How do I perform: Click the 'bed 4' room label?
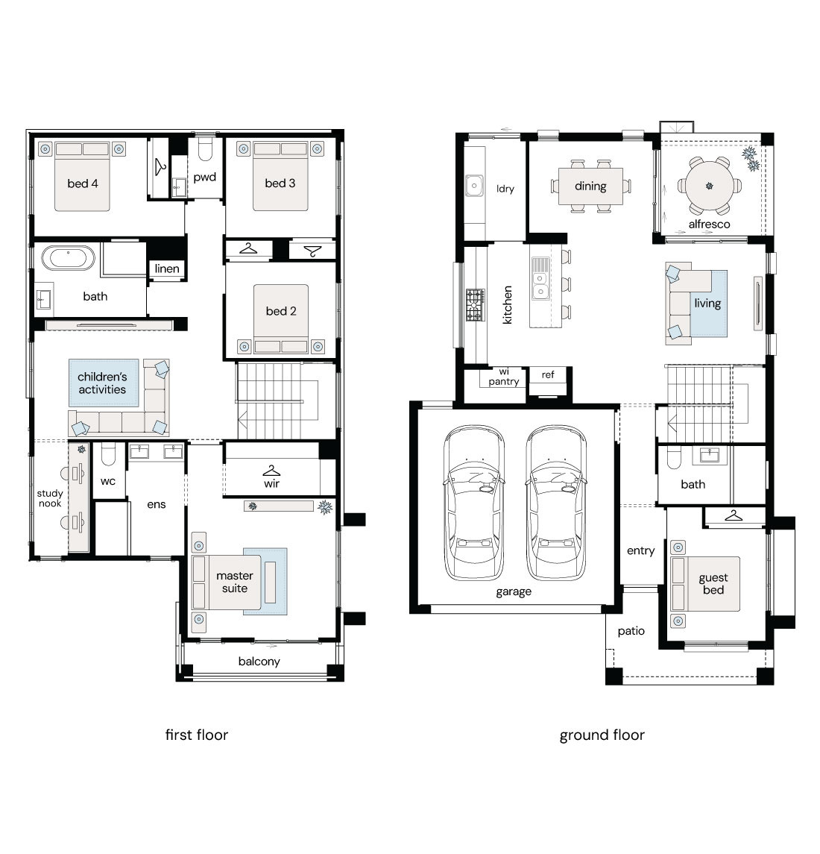83,183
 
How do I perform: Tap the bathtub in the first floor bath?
69,257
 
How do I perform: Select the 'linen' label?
167,269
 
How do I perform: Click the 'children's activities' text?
102,383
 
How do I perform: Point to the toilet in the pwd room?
205,149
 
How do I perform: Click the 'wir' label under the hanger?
271,483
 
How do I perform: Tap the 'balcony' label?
259,661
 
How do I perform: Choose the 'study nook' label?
50,498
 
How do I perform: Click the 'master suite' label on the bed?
235,582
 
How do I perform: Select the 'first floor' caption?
197,735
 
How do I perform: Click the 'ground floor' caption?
602,735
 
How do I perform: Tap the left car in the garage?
473,503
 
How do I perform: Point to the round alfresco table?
710,186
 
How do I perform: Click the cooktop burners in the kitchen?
476,304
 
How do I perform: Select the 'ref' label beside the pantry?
548,374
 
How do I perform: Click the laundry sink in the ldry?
474,186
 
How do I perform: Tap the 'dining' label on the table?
590,186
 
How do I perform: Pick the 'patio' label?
631,631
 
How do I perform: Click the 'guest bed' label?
713,584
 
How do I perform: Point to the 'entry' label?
641,550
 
